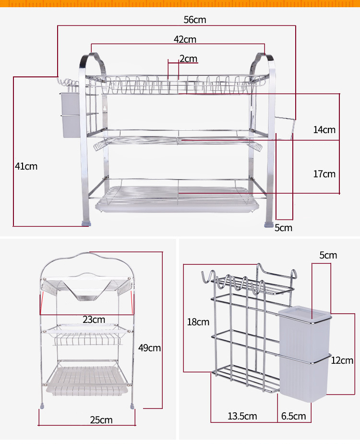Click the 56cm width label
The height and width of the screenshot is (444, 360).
tap(194, 20)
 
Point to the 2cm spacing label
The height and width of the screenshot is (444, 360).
tap(188, 59)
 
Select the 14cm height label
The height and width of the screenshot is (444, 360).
tap(324, 130)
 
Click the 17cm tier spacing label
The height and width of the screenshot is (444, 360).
tap(324, 174)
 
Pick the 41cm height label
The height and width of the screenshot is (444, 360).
tap(26, 166)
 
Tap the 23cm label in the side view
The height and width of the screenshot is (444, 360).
tap(94, 320)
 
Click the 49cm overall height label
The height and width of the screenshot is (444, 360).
tap(149, 347)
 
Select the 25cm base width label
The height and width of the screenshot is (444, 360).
tap(101, 420)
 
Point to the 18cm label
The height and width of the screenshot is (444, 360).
tap(198, 322)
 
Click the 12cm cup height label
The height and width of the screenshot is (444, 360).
tap(342, 360)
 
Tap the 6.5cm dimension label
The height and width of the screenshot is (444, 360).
tap(293, 416)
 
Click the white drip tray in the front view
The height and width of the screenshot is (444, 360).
tap(178, 204)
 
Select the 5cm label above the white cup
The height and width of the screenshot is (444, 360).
tap(328, 255)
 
